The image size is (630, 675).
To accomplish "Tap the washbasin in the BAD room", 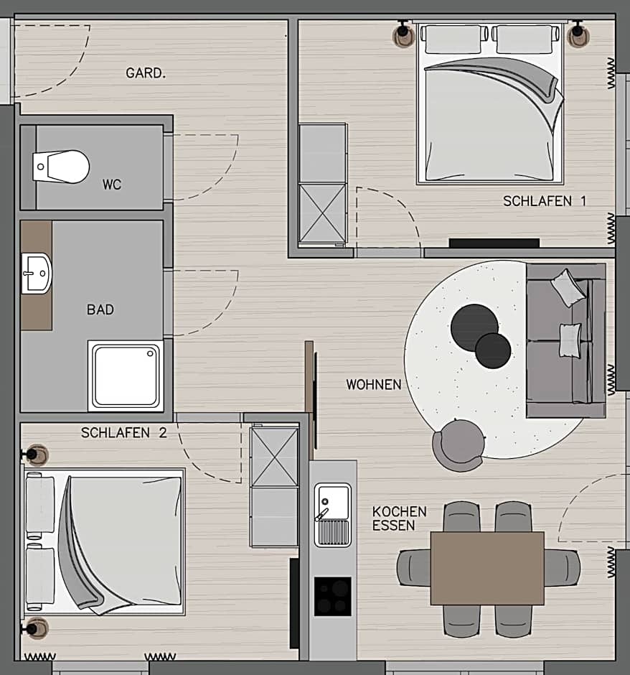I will click(x=37, y=274).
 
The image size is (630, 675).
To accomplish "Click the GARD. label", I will click(x=146, y=73).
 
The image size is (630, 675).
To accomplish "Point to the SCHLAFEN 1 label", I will click(x=544, y=202).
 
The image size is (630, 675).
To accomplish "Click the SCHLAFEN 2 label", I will click(x=115, y=433).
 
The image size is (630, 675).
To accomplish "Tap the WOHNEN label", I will click(x=374, y=385).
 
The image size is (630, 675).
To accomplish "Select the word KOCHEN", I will click(x=399, y=512).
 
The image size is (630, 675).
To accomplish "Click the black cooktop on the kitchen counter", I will click(x=333, y=596).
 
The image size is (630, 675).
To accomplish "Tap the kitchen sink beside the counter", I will click(x=333, y=514).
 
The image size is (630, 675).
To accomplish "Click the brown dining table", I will click(x=487, y=568).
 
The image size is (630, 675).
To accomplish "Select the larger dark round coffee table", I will click(x=474, y=327).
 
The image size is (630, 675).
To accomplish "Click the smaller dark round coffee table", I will click(x=493, y=350).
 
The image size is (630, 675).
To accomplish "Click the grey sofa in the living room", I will click(x=565, y=340).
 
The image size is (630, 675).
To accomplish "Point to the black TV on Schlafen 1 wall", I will click(x=494, y=243).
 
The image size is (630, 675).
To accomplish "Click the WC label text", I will click(x=112, y=185).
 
